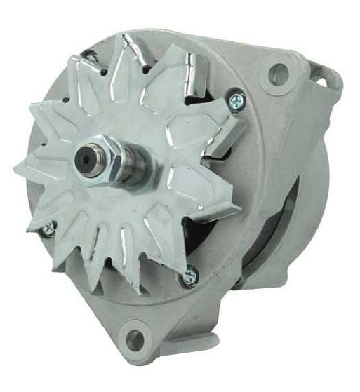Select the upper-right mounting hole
(280, 71)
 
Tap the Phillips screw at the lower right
(188, 278)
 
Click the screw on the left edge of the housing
(49, 228)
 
